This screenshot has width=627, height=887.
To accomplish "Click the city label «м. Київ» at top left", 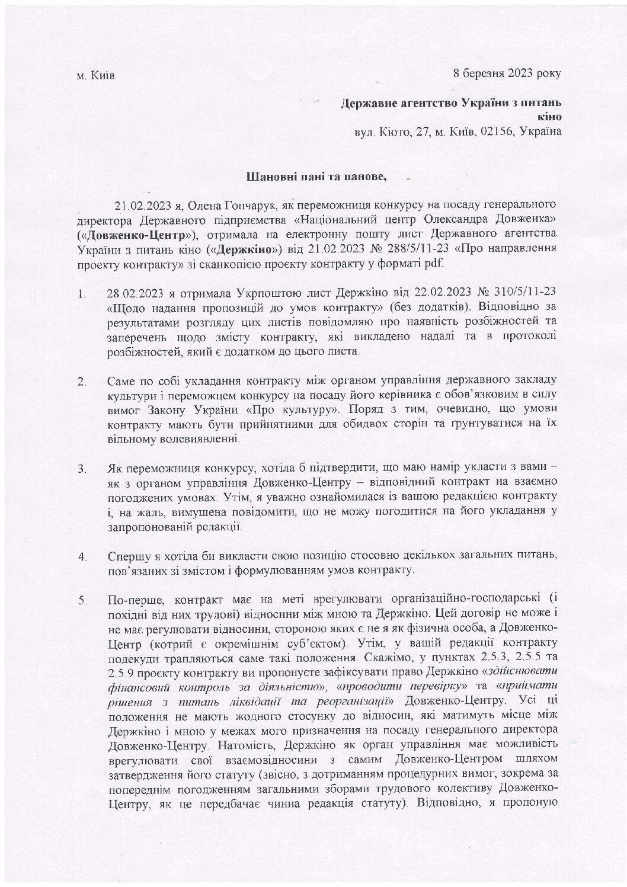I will [x=96, y=76].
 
